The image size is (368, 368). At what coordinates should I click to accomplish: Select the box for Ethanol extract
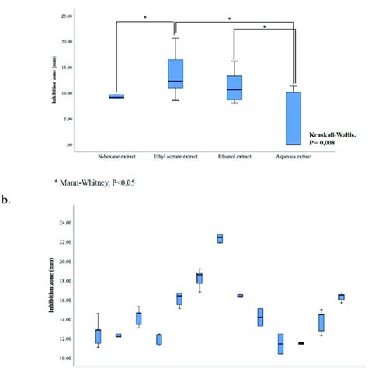click(234, 88)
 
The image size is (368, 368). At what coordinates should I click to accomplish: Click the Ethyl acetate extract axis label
click(175, 157)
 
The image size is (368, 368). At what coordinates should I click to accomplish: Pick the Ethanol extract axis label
click(234, 157)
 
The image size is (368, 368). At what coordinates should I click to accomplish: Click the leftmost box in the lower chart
click(98, 336)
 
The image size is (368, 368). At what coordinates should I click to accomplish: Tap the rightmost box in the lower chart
click(341, 297)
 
